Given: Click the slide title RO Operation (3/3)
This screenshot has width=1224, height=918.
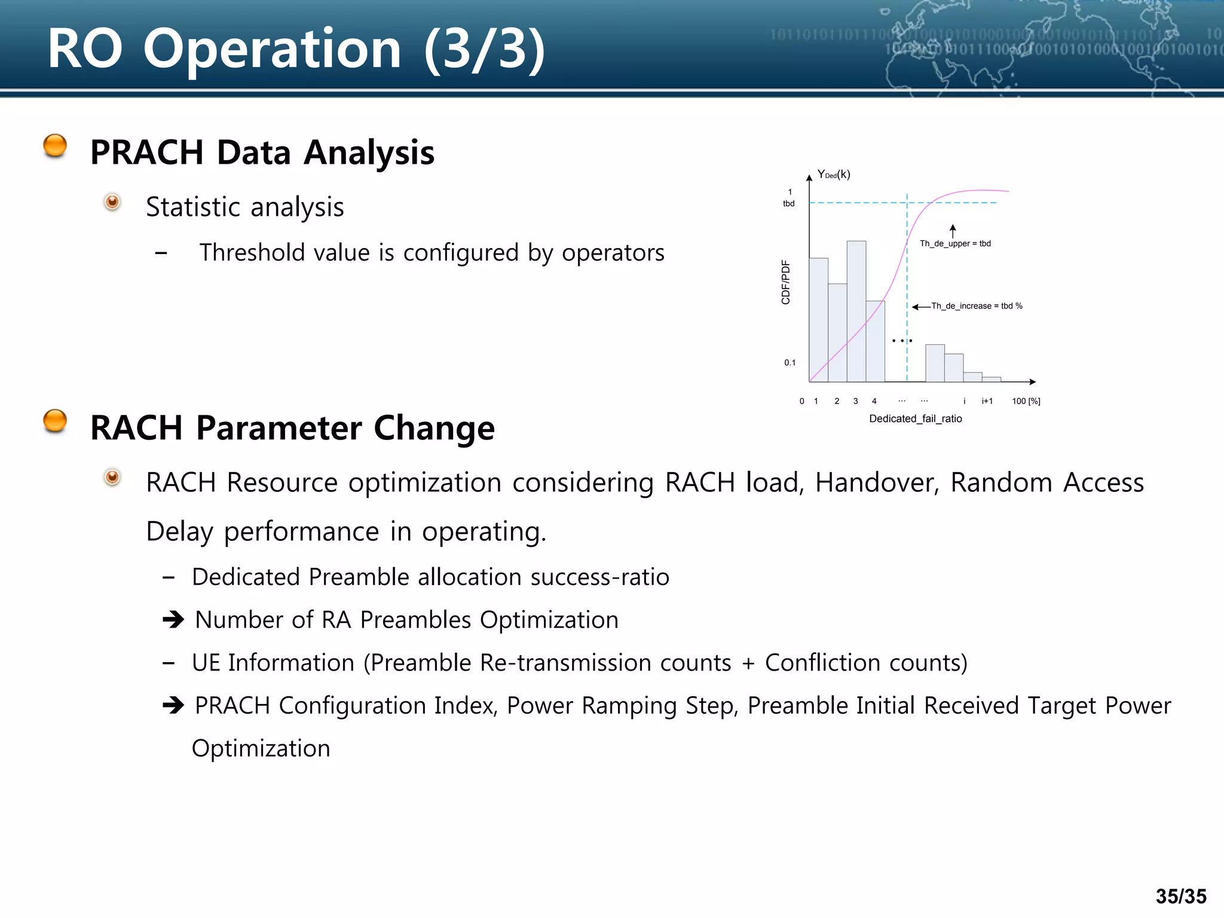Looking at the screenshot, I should pyautogui.click(x=296, y=49).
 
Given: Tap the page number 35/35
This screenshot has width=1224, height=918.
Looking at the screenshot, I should pyautogui.click(x=1180, y=896).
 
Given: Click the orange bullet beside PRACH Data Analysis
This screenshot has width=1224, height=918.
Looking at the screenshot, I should pyautogui.click(x=55, y=146).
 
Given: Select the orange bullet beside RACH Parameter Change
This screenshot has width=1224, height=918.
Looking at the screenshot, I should pyautogui.click(x=55, y=421).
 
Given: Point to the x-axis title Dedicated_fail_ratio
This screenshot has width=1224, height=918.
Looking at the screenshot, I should pyautogui.click(x=915, y=418).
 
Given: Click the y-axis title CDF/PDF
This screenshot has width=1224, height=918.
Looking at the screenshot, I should pyautogui.click(x=785, y=282).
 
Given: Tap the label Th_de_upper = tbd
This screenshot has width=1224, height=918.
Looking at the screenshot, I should pyautogui.click(x=954, y=243).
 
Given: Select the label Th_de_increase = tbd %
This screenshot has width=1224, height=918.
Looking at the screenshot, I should pyautogui.click(x=976, y=306).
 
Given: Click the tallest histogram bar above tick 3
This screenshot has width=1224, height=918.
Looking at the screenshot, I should pyautogui.click(x=856, y=311).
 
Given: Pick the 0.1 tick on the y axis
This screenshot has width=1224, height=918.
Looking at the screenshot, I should pyautogui.click(x=790, y=363).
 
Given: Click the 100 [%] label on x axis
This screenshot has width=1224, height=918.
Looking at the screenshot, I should pyautogui.click(x=1026, y=401).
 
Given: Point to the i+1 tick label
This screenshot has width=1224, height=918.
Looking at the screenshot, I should pyautogui.click(x=987, y=401).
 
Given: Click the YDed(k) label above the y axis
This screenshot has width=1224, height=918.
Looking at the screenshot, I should pyautogui.click(x=833, y=175).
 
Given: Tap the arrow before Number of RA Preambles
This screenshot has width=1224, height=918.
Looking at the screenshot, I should pyautogui.click(x=173, y=620).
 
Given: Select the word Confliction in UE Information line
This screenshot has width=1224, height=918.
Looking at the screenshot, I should pyautogui.click(x=822, y=663).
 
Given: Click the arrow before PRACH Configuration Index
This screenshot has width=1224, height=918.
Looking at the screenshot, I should pyautogui.click(x=173, y=706).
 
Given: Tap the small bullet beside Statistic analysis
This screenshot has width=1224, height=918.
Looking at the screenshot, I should pyautogui.click(x=112, y=202).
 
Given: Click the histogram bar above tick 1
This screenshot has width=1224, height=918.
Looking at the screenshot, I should pyautogui.click(x=818, y=320).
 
